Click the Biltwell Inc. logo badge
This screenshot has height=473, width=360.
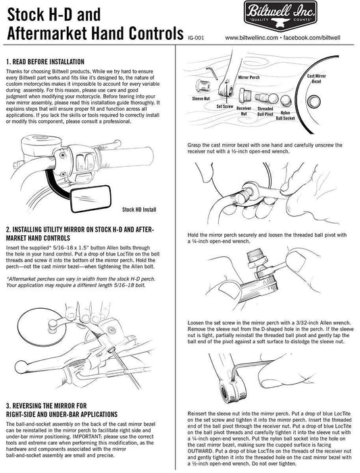[x=280, y=16]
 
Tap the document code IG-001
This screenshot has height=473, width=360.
[x=196, y=38]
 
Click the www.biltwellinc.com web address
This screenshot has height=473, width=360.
[x=251, y=38]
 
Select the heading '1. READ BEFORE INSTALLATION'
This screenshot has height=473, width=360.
[x=45, y=62]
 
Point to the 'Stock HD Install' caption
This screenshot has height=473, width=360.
[x=139, y=209]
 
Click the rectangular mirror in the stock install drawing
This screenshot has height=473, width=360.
[x=91, y=198]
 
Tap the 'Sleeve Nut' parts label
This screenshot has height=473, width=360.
[x=201, y=99]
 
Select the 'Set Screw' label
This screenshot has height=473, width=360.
[x=225, y=107]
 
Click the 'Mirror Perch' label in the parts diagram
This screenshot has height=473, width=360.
[x=249, y=78]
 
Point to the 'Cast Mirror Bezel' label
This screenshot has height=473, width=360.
[x=316, y=79]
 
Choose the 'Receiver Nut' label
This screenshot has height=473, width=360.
[x=244, y=111]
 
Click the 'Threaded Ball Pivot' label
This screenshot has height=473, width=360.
[x=265, y=111]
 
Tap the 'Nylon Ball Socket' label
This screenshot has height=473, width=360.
[x=285, y=116]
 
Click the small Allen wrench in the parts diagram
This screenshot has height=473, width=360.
[x=212, y=72]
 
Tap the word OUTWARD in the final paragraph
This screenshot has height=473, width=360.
[x=201, y=451]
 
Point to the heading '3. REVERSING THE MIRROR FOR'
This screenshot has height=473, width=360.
[x=47, y=405]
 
